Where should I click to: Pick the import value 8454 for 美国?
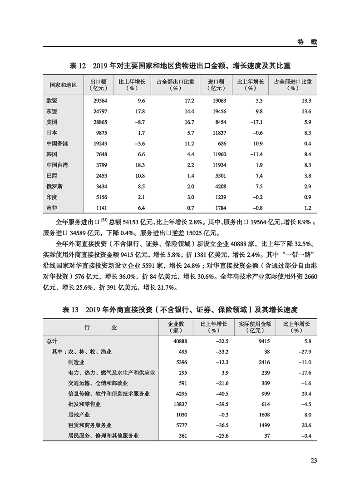[220, 122]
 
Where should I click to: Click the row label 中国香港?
[57, 143]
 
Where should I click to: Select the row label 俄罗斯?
[54, 186]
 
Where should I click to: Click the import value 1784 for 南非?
[220, 207]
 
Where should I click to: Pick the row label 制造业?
[75, 362]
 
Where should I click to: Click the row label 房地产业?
[78, 415]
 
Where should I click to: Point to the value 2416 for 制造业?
[264, 362]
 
